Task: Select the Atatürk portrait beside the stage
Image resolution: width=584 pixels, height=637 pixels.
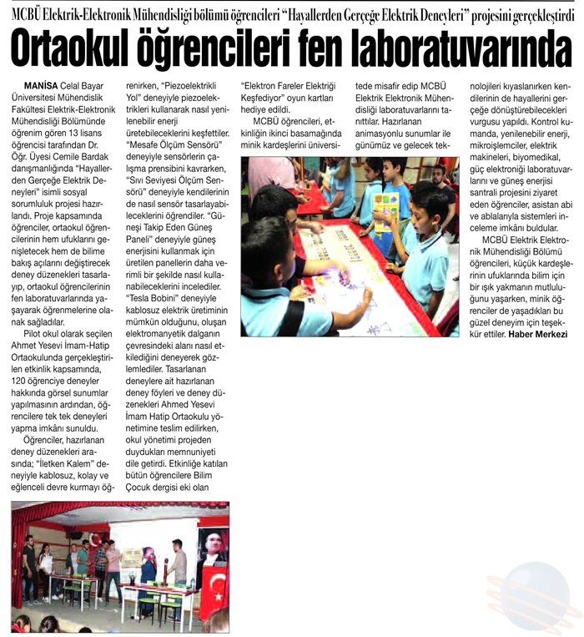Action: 213,547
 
